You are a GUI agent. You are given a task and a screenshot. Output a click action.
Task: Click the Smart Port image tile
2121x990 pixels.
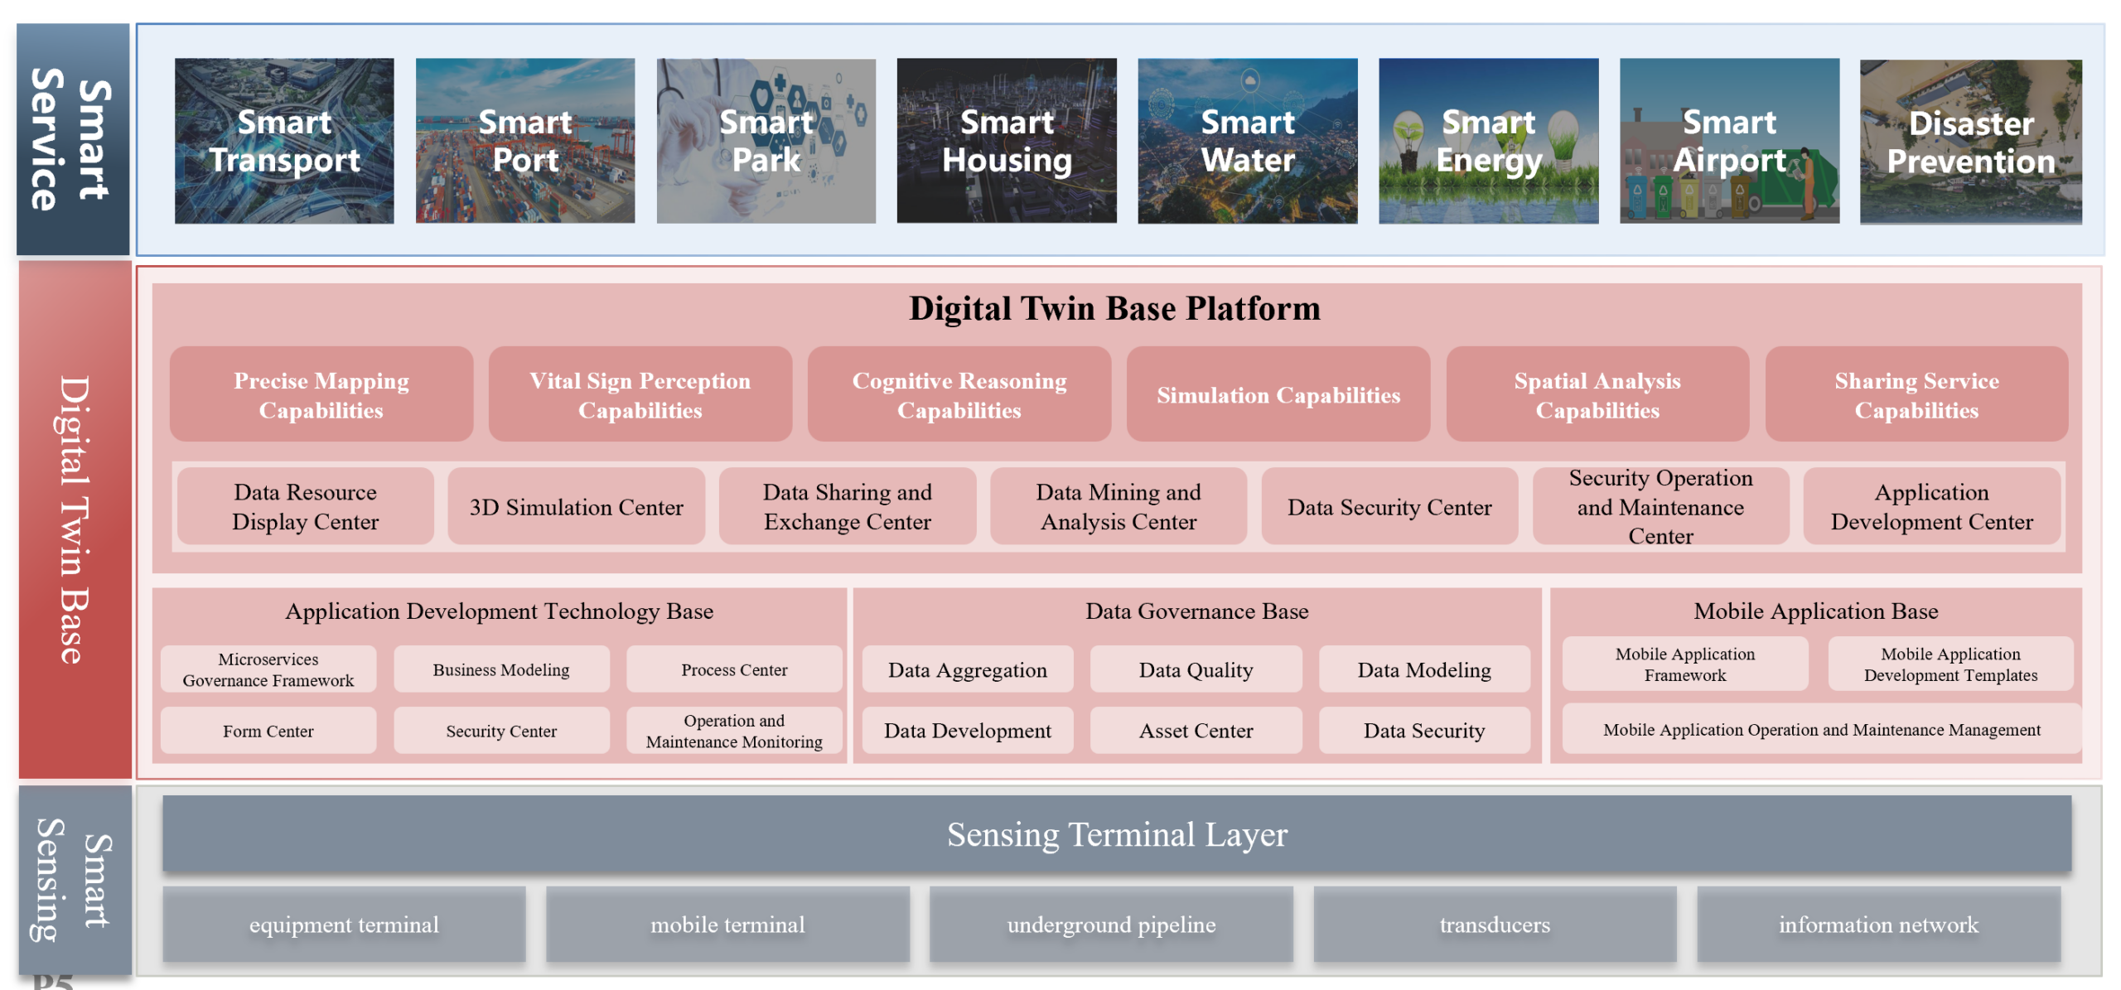point(525,141)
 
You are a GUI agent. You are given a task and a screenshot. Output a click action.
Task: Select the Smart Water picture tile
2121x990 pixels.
point(1247,141)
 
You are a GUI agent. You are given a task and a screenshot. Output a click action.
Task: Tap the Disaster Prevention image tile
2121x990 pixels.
point(1970,142)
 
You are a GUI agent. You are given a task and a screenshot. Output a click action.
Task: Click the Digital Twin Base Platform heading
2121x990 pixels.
point(1114,309)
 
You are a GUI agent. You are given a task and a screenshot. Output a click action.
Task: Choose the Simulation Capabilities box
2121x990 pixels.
point(1278,395)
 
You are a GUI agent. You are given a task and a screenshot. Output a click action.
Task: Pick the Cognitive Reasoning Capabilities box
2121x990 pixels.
point(959,395)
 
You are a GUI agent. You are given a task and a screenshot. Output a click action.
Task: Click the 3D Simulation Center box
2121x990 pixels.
point(576,507)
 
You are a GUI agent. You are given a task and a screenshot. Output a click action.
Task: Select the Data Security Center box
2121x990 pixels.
point(1389,507)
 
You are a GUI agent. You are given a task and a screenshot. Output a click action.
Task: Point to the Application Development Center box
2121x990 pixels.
point(1930,507)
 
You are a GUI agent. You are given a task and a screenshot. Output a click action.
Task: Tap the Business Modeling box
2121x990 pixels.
point(501,669)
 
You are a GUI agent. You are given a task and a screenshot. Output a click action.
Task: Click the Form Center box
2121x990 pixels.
point(268,731)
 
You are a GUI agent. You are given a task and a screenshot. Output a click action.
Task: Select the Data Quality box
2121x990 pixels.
point(1196,669)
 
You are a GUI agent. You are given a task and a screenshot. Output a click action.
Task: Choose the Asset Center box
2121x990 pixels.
point(1196,731)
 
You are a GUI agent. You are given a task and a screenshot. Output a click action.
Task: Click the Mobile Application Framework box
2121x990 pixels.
point(1684,664)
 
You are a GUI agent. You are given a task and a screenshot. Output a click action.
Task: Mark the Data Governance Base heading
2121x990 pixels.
point(1196,611)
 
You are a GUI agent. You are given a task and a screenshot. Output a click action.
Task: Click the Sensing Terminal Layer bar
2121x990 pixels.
point(1116,834)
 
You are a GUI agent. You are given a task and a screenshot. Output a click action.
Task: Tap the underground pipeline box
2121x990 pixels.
point(1111,925)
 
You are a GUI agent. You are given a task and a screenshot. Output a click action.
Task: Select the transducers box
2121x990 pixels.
point(1494,925)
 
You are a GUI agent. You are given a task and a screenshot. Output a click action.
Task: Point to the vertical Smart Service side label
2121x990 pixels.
point(73,139)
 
